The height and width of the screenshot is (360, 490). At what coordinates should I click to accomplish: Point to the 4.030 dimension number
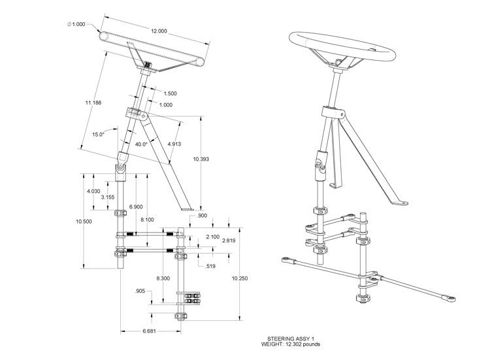[x=94, y=191]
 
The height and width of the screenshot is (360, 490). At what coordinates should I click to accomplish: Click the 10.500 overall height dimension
[x=84, y=221]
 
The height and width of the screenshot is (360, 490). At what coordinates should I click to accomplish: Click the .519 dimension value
[x=210, y=267]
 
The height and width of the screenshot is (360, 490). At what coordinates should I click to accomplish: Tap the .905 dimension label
[x=140, y=290]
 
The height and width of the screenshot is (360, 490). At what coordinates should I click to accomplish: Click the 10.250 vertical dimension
[x=240, y=278]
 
